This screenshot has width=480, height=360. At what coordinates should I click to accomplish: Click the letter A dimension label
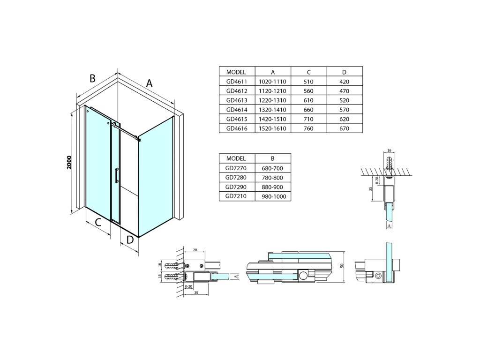point(149,83)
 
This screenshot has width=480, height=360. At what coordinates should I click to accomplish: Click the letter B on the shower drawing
point(93,79)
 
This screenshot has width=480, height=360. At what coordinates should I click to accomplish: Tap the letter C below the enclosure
point(98,222)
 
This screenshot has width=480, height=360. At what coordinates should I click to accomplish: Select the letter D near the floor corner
point(130,240)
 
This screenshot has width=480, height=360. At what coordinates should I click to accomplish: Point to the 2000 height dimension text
point(69,162)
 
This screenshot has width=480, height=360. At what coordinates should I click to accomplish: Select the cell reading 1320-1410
point(272,109)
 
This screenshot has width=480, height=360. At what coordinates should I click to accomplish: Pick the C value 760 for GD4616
point(308,128)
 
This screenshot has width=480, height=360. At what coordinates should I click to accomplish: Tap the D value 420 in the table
point(345,81)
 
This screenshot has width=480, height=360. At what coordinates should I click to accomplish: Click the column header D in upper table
point(345,72)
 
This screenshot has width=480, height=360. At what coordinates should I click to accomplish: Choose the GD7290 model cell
point(236,187)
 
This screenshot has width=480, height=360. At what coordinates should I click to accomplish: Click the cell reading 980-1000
point(272,196)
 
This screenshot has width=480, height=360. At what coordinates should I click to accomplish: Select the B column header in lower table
point(272,158)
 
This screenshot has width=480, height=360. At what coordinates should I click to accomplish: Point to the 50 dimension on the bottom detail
point(342,266)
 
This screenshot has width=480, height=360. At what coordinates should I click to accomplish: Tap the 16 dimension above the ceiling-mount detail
point(390,150)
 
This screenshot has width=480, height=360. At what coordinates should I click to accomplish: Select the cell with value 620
point(345,119)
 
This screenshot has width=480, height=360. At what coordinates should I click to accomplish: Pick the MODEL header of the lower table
point(236,158)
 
